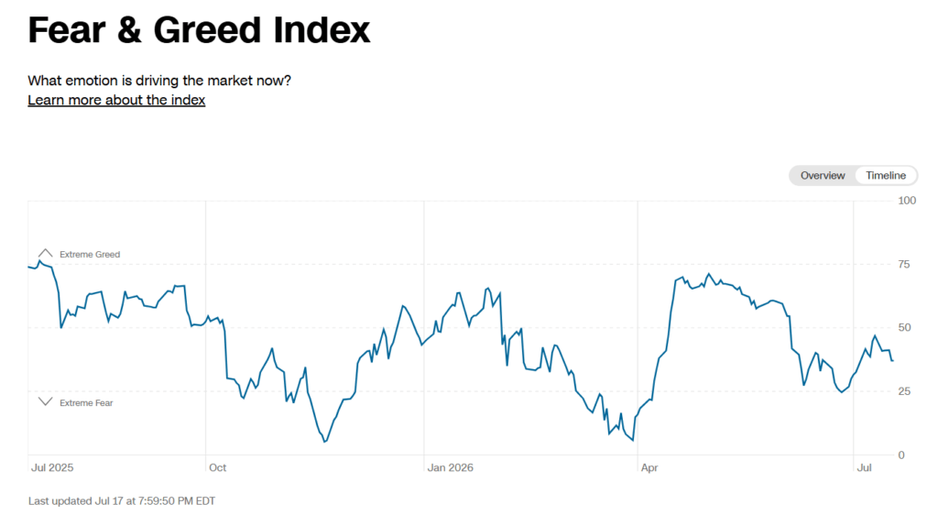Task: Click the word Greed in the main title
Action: [x=208, y=30]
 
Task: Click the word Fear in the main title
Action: [x=66, y=30]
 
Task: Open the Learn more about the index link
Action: [x=116, y=100]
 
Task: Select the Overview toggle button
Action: [x=823, y=175]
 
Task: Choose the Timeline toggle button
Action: [x=886, y=175]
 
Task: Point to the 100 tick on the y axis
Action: [x=907, y=201]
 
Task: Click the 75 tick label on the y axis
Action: [x=904, y=264]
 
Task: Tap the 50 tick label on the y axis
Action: [x=904, y=327]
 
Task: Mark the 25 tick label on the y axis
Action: [x=904, y=391]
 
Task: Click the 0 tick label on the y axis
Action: [x=901, y=455]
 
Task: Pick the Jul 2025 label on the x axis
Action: [x=52, y=467]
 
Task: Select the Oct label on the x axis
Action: [x=218, y=467]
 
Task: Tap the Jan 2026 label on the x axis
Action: [x=450, y=467]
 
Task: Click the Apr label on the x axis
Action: [x=649, y=467]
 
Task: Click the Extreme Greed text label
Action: [x=90, y=254]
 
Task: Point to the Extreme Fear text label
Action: [x=86, y=403]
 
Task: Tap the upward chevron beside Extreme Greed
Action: [x=46, y=253]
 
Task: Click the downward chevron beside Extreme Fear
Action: [x=46, y=401]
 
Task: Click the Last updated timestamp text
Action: [x=122, y=501]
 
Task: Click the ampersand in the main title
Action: [x=129, y=30]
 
